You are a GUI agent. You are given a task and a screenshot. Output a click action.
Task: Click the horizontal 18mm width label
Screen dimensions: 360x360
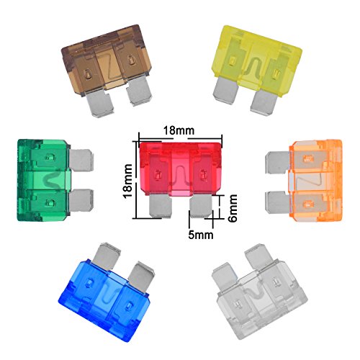(x=179, y=131)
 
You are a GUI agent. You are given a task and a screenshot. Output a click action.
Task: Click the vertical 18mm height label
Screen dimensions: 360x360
(x=127, y=180)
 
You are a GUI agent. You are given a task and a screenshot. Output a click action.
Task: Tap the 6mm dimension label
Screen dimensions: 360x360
(x=232, y=208)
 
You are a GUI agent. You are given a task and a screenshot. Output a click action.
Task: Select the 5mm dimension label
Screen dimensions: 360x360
(x=201, y=235)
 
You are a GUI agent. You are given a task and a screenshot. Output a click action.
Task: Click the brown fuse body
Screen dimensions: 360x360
(x=107, y=60)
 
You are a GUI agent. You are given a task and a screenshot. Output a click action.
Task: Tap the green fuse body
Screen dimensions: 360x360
(x=43, y=180)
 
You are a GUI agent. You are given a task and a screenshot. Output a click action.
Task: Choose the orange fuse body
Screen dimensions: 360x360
(x=315, y=180)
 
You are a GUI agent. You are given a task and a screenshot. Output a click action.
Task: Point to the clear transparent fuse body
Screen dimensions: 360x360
(x=261, y=300)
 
